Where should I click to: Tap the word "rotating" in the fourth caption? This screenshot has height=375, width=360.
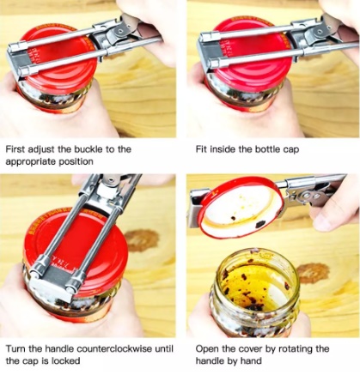tap(296, 349)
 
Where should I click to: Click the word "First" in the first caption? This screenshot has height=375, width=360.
tap(15, 149)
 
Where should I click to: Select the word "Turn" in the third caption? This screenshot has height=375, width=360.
tap(15, 348)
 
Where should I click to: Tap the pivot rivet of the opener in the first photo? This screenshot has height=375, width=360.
tap(121, 29)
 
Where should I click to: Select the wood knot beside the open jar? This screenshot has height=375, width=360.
tap(313, 273)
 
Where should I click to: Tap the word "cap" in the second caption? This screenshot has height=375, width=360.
tap(291, 150)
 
